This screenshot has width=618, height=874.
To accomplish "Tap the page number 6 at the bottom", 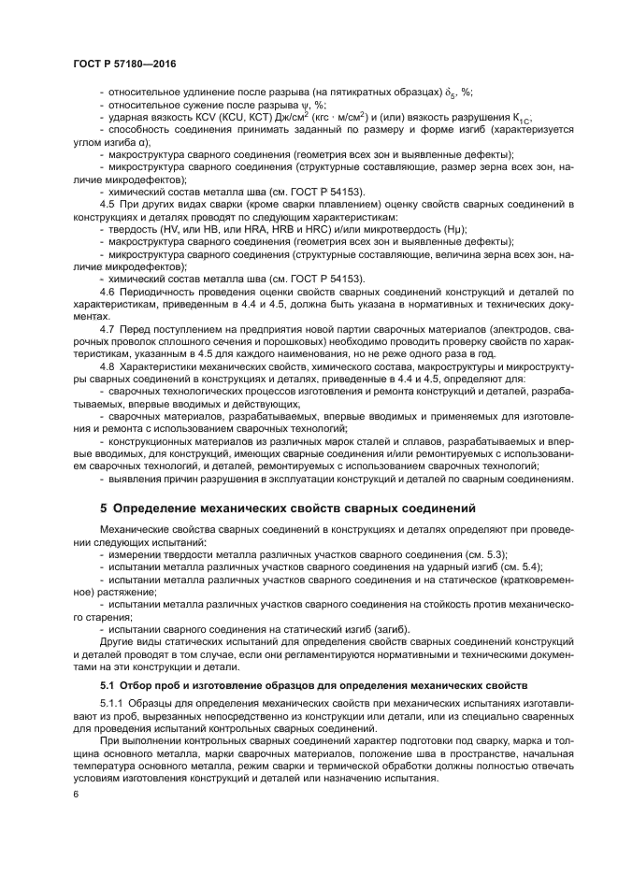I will coord(75,794).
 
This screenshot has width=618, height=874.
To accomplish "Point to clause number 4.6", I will coord(107,292).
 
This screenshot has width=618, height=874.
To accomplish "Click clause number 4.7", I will coord(107,330).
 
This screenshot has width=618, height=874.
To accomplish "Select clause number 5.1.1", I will coord(111,702).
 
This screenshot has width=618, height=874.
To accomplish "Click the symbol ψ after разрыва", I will coord(297,105).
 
